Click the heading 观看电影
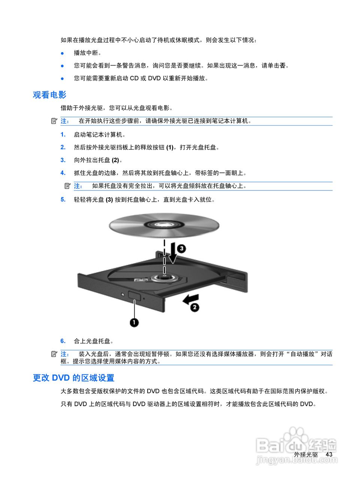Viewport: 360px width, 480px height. click(x=49, y=95)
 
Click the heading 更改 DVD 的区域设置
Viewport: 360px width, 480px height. click(x=73, y=378)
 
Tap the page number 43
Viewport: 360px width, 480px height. click(x=329, y=454)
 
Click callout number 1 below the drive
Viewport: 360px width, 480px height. click(x=134, y=322)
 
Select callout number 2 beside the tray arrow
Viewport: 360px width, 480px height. click(x=194, y=307)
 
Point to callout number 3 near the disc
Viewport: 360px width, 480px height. click(x=181, y=249)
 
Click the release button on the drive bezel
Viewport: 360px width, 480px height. click(x=134, y=295)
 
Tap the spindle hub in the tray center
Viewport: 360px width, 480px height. click(x=164, y=277)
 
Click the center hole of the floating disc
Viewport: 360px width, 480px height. click(x=164, y=225)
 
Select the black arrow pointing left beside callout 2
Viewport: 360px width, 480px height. click(x=190, y=298)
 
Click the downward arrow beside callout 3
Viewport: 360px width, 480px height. click(x=172, y=254)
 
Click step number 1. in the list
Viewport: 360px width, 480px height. click(x=63, y=135)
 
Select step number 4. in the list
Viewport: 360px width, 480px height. click(x=63, y=173)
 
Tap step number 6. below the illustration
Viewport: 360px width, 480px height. click(x=63, y=341)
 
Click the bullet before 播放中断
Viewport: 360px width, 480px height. click(x=63, y=53)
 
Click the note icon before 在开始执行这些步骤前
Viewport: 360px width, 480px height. click(x=54, y=121)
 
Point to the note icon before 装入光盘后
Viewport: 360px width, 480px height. click(x=54, y=354)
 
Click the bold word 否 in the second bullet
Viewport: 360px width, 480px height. click(x=282, y=66)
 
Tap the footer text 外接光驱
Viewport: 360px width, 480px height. click(x=306, y=454)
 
